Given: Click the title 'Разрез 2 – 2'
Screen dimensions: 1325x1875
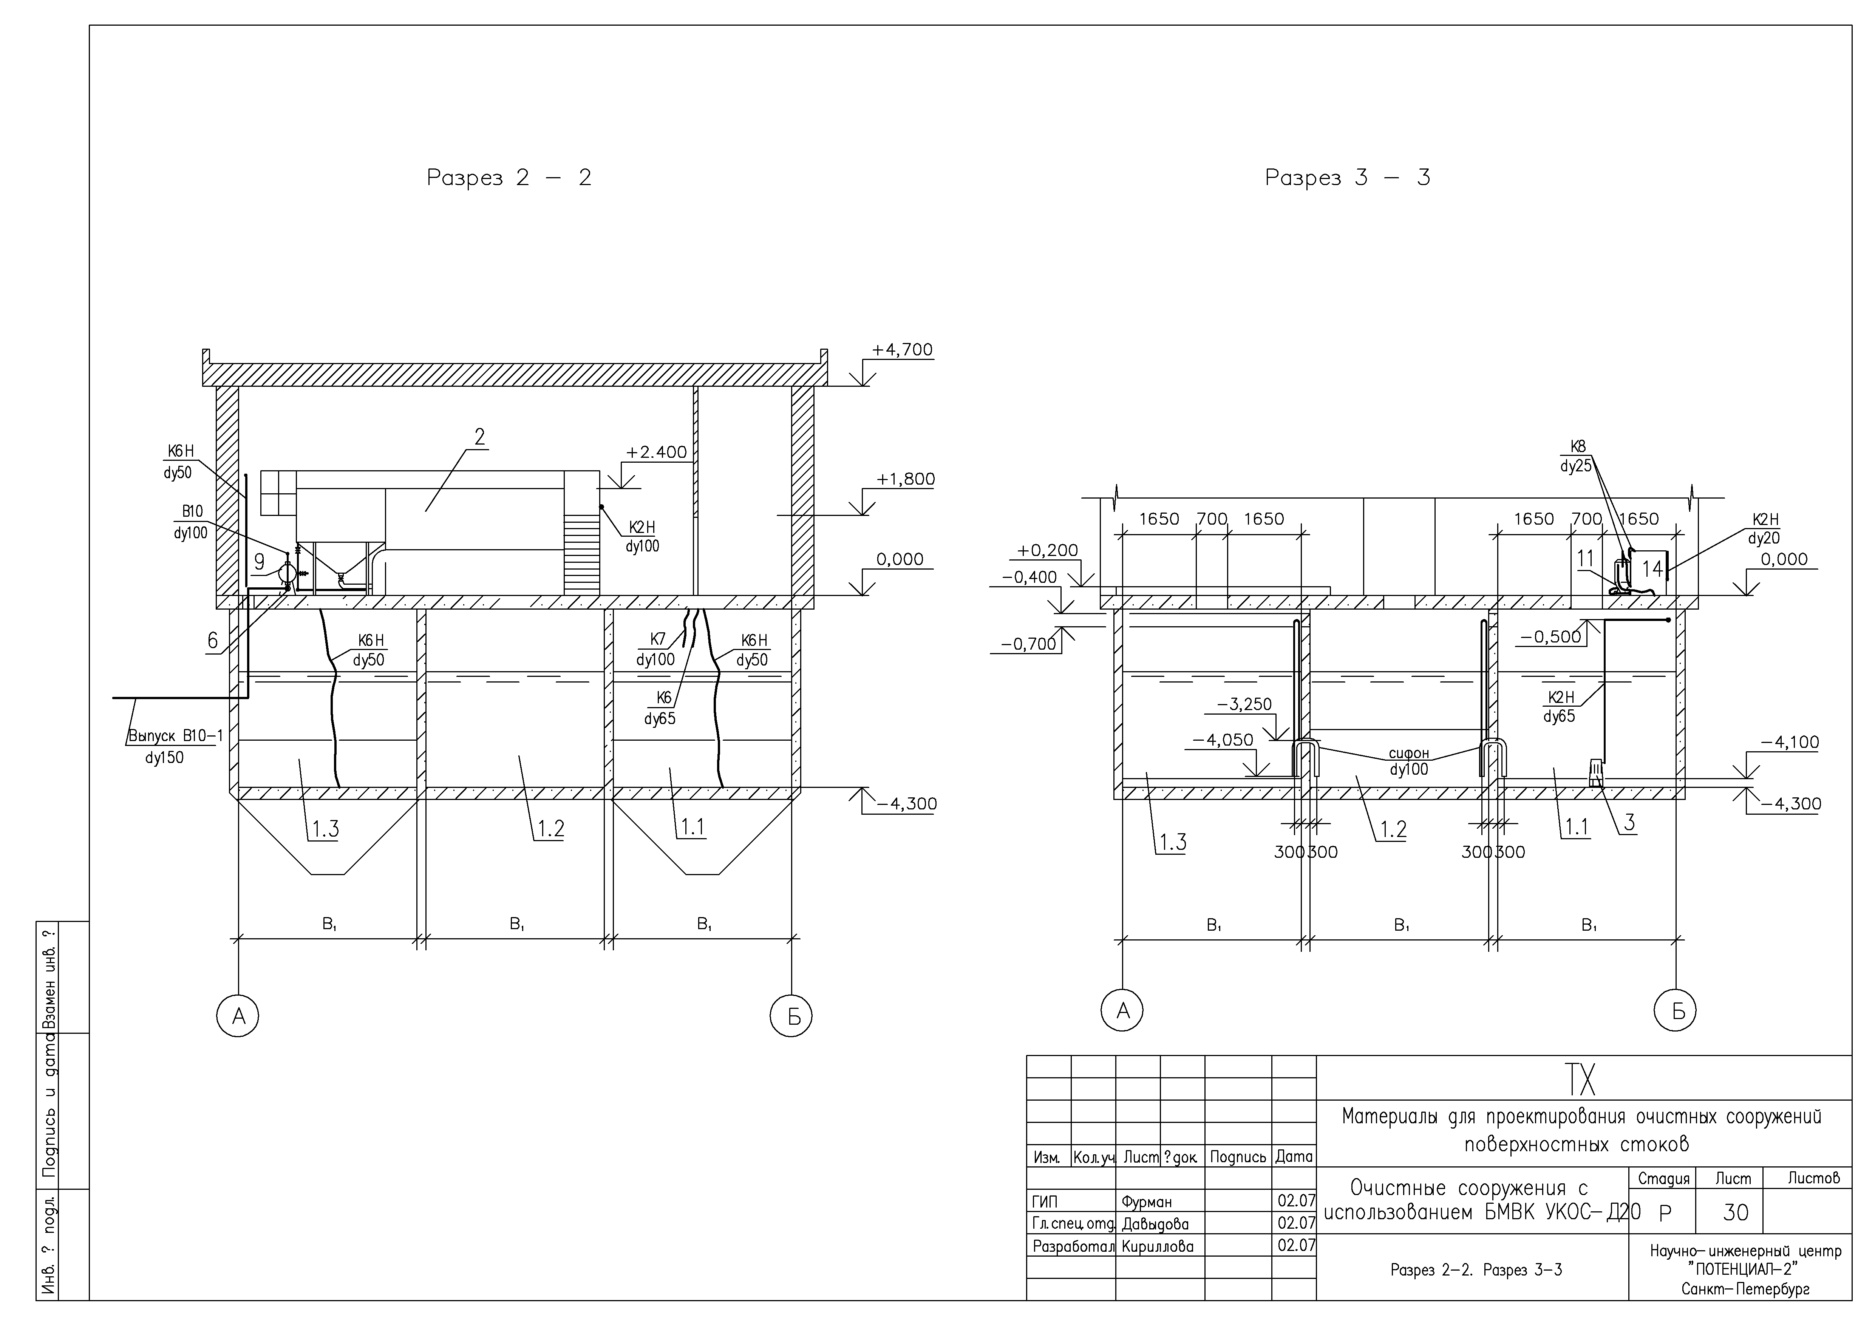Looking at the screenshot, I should coord(509,178).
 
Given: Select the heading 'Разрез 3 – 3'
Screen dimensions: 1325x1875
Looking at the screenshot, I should coord(1348,178).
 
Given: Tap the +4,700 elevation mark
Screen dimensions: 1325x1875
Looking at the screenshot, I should coord(901,350).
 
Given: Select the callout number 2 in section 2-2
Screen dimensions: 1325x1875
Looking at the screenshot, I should coord(480,437).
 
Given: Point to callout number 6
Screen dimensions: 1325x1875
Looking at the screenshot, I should coord(212,641).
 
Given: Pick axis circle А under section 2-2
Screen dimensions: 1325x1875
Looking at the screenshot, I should coord(238,1016).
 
